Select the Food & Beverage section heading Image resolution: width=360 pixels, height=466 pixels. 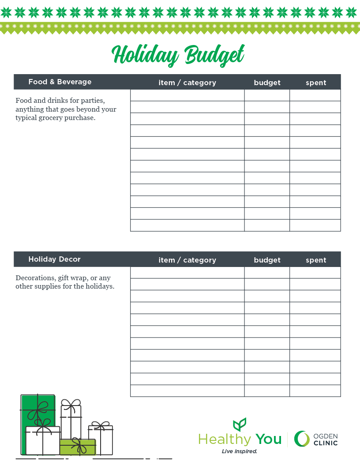[x=60, y=82]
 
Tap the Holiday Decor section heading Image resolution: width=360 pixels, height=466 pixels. [x=54, y=259]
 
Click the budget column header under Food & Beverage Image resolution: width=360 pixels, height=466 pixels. [x=267, y=83]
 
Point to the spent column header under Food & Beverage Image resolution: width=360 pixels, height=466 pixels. [x=316, y=83]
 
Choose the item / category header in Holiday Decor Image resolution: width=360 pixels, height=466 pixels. [x=187, y=260]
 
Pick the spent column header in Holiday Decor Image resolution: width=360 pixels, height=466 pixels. [x=316, y=260]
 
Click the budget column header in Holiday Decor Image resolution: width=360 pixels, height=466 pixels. [x=267, y=260]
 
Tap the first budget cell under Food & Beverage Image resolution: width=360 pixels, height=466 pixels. [x=267, y=95]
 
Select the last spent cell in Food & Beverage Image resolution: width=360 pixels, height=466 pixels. [x=315, y=225]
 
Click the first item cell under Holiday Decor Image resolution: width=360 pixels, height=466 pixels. [x=187, y=273]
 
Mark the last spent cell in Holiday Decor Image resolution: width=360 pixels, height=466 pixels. [x=315, y=391]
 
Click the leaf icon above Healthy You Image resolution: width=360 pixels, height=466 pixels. [x=240, y=425]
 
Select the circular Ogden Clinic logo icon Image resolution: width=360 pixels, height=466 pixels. [x=302, y=439]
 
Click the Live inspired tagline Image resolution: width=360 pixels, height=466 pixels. [x=239, y=451]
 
